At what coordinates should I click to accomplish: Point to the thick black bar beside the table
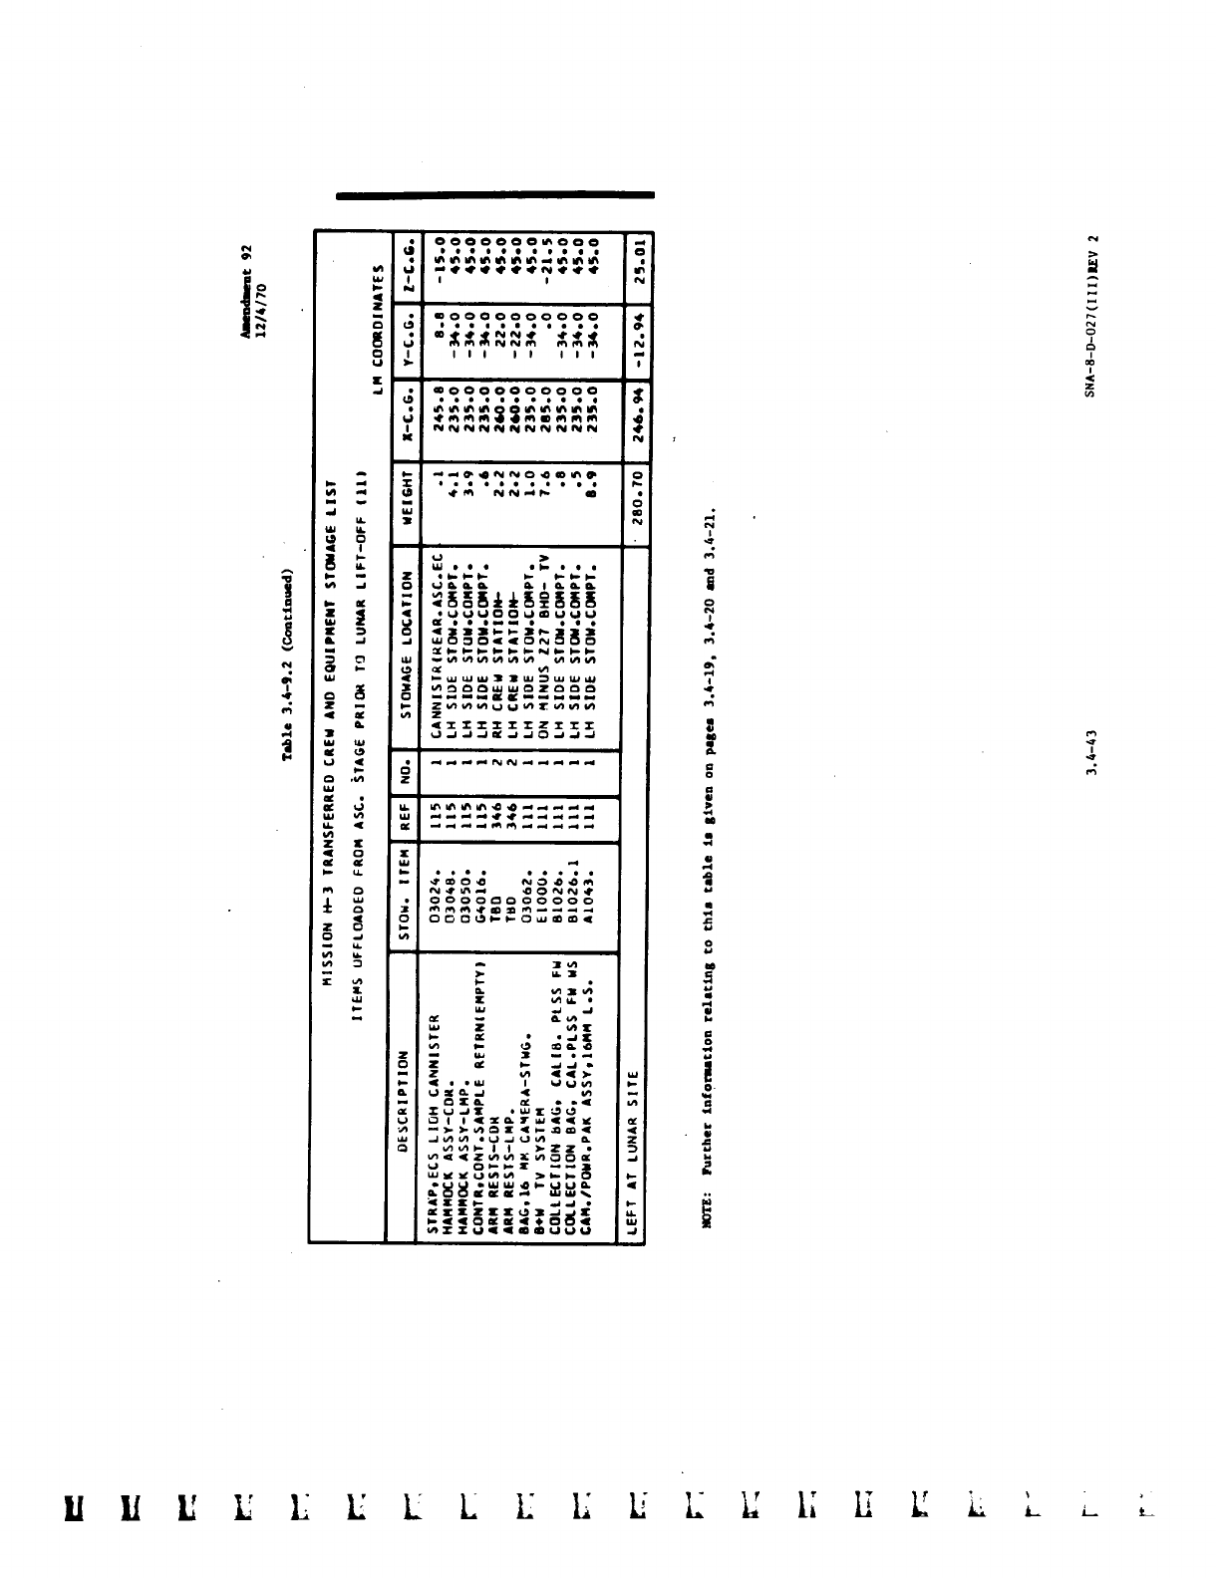(x=495, y=195)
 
